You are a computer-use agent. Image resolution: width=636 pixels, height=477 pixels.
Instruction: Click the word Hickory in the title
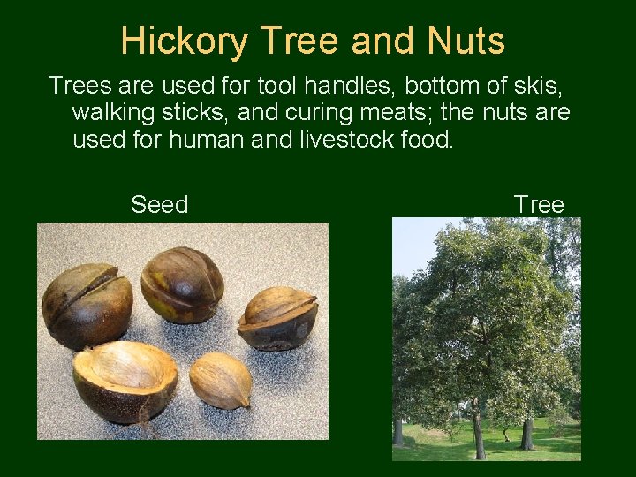point(179,42)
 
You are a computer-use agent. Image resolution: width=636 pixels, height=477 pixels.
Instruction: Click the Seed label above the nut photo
point(159,205)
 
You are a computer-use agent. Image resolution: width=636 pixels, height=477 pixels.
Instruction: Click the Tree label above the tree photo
point(538,205)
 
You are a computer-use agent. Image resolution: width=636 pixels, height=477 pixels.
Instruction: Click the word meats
point(407,113)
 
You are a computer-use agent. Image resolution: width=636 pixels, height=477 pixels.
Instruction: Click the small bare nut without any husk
point(220,380)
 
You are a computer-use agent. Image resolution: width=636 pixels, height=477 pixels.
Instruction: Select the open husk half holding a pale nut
point(125,380)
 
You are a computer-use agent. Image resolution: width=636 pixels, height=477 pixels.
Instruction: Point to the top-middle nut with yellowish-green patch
point(182,284)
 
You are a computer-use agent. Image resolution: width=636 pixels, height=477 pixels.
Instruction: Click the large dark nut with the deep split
point(87,306)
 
